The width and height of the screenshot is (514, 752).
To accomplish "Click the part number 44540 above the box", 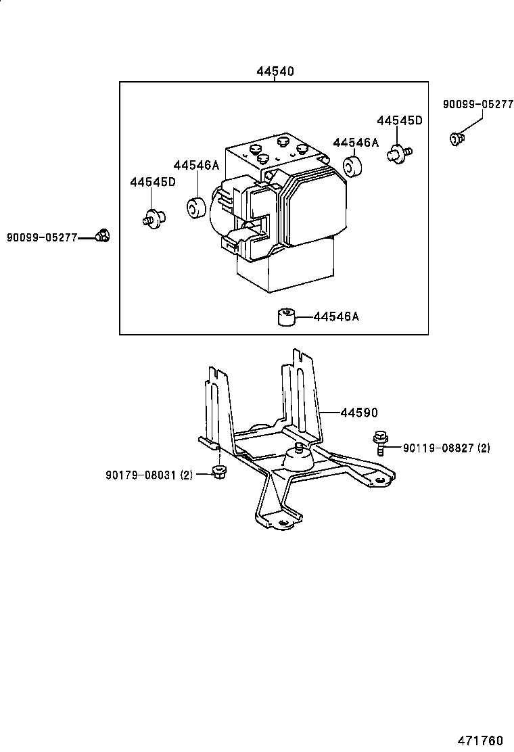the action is click(275, 72).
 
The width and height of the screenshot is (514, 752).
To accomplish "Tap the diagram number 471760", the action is click(480, 741).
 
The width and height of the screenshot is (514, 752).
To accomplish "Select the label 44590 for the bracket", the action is click(359, 413).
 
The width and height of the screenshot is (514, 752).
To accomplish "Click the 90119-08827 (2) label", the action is click(446, 448).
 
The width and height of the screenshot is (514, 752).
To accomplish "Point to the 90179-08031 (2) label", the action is click(149, 475).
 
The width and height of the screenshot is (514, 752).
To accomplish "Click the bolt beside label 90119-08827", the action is click(379, 443).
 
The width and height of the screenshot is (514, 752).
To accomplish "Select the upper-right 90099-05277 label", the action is click(478, 104).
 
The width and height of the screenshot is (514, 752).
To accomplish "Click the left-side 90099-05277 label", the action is click(42, 237).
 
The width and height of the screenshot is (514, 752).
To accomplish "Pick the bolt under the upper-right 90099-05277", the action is click(457, 139).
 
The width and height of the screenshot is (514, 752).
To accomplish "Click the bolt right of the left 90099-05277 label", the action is click(101, 235).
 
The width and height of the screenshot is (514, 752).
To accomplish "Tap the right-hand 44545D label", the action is click(400, 120).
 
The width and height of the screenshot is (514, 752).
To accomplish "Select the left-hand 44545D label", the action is click(152, 182).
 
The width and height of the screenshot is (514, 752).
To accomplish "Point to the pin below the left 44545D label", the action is click(154, 217).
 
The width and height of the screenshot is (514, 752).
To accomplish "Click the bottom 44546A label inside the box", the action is click(336, 316).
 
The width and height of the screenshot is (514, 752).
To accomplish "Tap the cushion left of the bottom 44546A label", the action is click(287, 317).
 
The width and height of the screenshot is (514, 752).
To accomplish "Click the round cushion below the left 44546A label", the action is click(195, 206).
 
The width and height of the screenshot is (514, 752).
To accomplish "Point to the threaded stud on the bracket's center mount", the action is click(298, 448).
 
